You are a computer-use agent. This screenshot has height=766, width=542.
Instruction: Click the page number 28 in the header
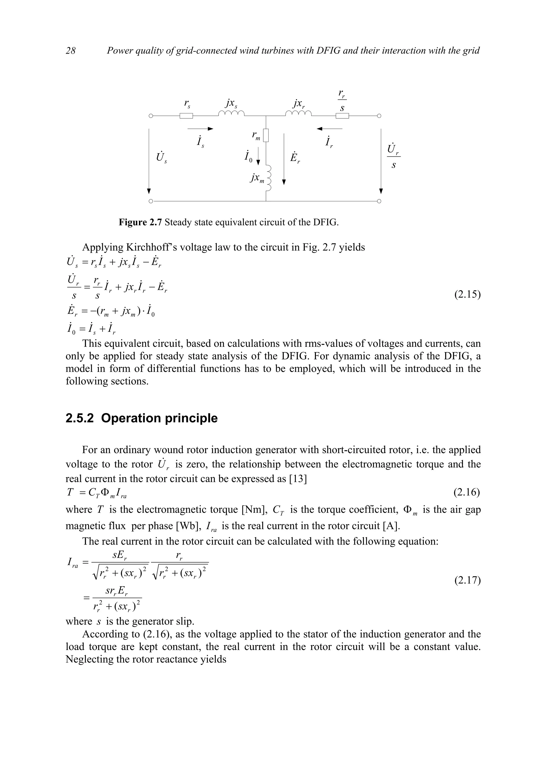tap(70, 51)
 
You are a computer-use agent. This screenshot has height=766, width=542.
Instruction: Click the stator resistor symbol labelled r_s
tap(186, 116)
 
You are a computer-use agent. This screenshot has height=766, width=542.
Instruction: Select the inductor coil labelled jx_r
tap(298, 114)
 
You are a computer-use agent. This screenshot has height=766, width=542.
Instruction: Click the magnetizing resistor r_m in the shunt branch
tap(266, 135)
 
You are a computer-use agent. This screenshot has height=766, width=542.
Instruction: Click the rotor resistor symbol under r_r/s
tap(342, 116)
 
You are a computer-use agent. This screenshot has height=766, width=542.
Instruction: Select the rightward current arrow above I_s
tap(200, 128)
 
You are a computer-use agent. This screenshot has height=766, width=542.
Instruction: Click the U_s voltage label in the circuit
tap(161, 157)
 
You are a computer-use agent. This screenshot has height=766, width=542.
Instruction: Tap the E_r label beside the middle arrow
tap(295, 157)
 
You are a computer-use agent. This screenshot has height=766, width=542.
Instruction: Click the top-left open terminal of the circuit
tap(151, 116)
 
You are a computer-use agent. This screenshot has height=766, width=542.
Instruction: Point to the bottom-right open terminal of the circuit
tap(379, 201)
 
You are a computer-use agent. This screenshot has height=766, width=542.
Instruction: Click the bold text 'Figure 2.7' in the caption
tap(140, 222)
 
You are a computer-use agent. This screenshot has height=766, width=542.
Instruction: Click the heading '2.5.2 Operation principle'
tap(142, 418)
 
